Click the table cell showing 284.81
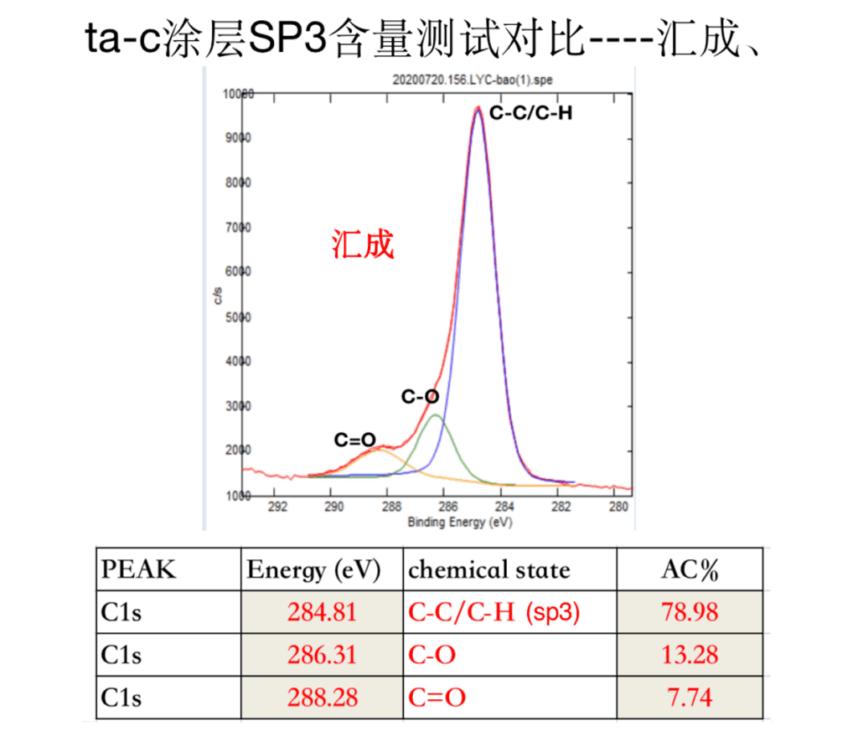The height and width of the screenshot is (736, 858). pos(322,612)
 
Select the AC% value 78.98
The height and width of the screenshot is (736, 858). pos(690,612)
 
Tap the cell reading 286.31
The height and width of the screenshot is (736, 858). pos(322,654)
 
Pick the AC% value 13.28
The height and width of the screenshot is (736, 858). pos(690,654)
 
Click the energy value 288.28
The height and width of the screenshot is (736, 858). pos(322,697)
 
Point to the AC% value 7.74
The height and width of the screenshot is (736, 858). pos(690,697)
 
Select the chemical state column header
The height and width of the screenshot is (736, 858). pos(488,570)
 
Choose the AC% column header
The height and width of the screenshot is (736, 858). pos(690,570)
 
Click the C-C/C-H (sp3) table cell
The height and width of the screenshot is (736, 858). pos(494,612)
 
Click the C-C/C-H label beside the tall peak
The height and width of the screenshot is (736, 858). pos(531,112)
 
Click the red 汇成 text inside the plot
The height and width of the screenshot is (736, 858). pos(362,244)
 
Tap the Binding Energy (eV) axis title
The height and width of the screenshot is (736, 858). pos(459,522)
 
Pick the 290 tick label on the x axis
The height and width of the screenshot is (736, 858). pos(333,507)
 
